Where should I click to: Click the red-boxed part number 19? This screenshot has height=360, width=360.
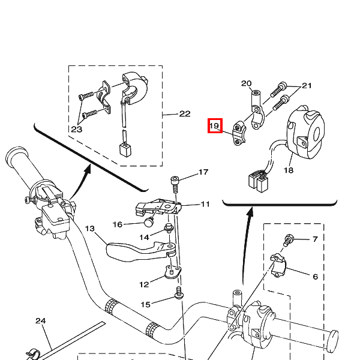coord(215,126)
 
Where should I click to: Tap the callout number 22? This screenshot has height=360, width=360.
coord(184,114)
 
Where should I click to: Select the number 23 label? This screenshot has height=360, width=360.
coord(76,128)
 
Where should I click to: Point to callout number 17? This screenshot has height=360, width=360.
coord(203,172)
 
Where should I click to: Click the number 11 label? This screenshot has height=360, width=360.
coord(205,204)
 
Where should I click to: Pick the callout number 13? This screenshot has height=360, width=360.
coord(90,229)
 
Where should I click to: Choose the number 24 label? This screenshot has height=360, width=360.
coord(40,321)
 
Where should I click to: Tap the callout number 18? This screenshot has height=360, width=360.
coord(289,170)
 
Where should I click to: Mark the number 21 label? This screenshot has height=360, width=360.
coord(307,86)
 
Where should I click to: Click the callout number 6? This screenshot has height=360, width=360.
coord(315,277)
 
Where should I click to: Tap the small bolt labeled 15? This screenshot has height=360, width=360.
coord(178,294)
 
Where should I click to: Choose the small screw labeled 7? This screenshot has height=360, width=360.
coord(289,239)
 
